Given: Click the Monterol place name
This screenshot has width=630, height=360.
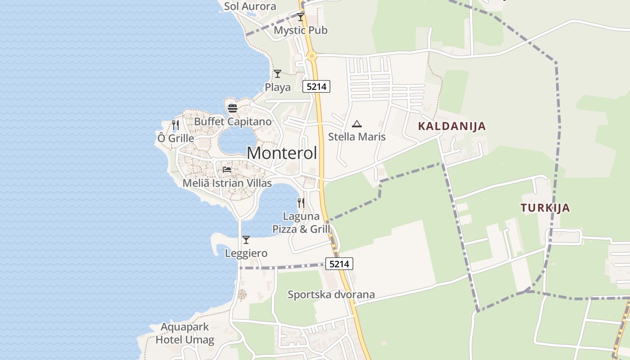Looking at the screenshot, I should coord(282,153).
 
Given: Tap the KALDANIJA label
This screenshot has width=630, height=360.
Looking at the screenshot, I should coord(452,126).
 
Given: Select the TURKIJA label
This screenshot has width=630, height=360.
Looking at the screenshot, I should coord(545,208).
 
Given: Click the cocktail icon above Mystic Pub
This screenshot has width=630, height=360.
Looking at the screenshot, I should coord(301,17).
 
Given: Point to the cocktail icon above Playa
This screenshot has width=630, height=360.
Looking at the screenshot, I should coord(278,74).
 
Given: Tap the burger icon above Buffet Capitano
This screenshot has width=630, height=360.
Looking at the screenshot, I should coord(232,108).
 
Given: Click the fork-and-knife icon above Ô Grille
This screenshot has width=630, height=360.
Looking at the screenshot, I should coord(175,125).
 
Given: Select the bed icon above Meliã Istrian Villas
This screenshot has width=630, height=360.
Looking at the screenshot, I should coord(227,170).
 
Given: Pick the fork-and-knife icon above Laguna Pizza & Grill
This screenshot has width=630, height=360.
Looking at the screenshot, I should coord(301,203).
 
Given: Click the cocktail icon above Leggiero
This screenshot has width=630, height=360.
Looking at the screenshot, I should coord(246,240).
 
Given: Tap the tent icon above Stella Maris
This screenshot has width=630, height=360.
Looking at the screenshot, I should coord(357,124).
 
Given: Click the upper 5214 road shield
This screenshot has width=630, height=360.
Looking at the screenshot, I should coord(316,86).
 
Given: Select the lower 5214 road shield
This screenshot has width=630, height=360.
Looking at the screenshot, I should coord(339,264).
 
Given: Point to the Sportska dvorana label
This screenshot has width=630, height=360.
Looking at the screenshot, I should coord(331,295).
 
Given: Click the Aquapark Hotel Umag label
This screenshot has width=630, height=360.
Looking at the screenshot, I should coord(185,333).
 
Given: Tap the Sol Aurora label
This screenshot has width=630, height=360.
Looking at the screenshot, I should coord(250,6).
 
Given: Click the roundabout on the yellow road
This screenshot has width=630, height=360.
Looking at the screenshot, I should coord(311,56).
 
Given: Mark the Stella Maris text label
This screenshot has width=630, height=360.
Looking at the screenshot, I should coord(357,137).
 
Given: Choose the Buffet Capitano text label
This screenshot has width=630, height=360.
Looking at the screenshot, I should coord(233,121).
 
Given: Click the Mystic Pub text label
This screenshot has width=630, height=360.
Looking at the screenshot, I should coord(301,30).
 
